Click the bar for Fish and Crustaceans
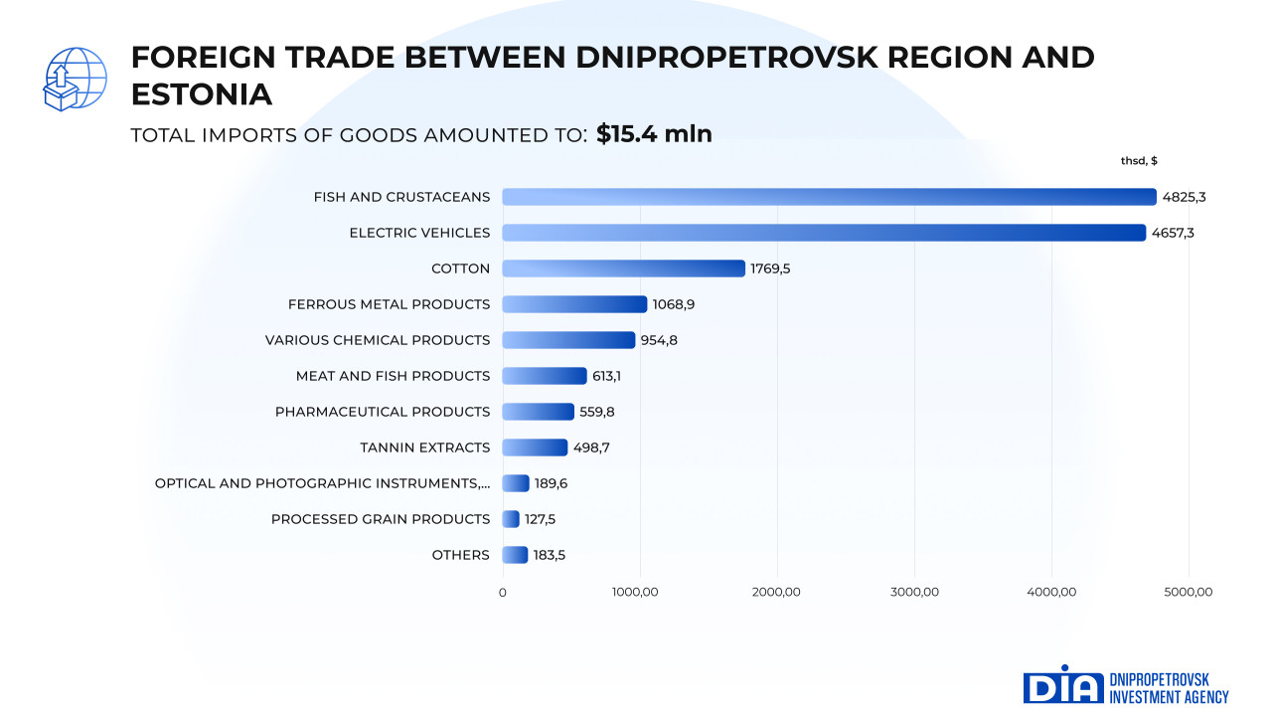[x=829, y=197]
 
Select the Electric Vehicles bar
[x=824, y=233]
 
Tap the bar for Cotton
[x=623, y=268]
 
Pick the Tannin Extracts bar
[x=535, y=447]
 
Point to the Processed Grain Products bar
[x=511, y=519]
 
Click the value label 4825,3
[x=1184, y=197]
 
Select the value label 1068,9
[x=674, y=304]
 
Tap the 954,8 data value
[x=659, y=340]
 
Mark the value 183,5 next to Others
[x=550, y=555]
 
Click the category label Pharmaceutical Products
[x=383, y=412]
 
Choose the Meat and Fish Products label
[x=393, y=376]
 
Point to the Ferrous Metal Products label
[x=389, y=304]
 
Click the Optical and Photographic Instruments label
[x=322, y=483]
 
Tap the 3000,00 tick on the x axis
[x=914, y=593]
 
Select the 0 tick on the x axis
[x=502, y=593]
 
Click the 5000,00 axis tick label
[x=1189, y=593]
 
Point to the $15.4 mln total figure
[x=654, y=134]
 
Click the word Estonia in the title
[x=202, y=94]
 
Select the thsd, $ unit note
[x=1139, y=161]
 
